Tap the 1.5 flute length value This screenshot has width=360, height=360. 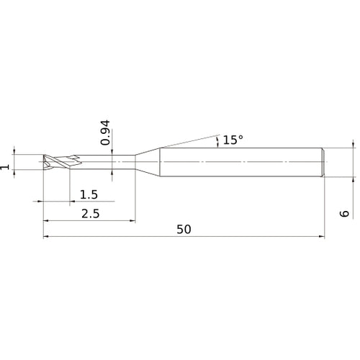[x=89, y=194]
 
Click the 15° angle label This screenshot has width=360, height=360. [x=233, y=140]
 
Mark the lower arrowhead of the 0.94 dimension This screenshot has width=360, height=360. [x=113, y=173]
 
